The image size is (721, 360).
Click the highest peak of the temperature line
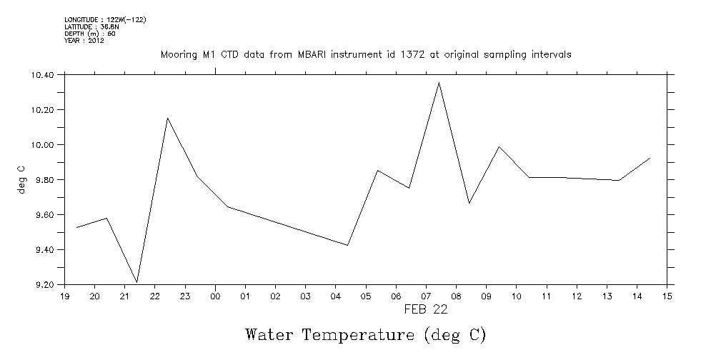tap(439, 83)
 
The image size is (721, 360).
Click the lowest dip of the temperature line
tap(136, 282)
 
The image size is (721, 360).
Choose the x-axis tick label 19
tap(64, 296)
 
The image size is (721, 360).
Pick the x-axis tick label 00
tap(215, 296)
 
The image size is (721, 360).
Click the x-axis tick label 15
tap(667, 296)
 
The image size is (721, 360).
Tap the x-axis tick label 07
tap(427, 296)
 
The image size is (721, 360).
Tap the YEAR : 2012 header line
tap(84, 41)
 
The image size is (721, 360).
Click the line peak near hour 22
tap(167, 118)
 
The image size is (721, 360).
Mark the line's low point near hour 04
tap(348, 245)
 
